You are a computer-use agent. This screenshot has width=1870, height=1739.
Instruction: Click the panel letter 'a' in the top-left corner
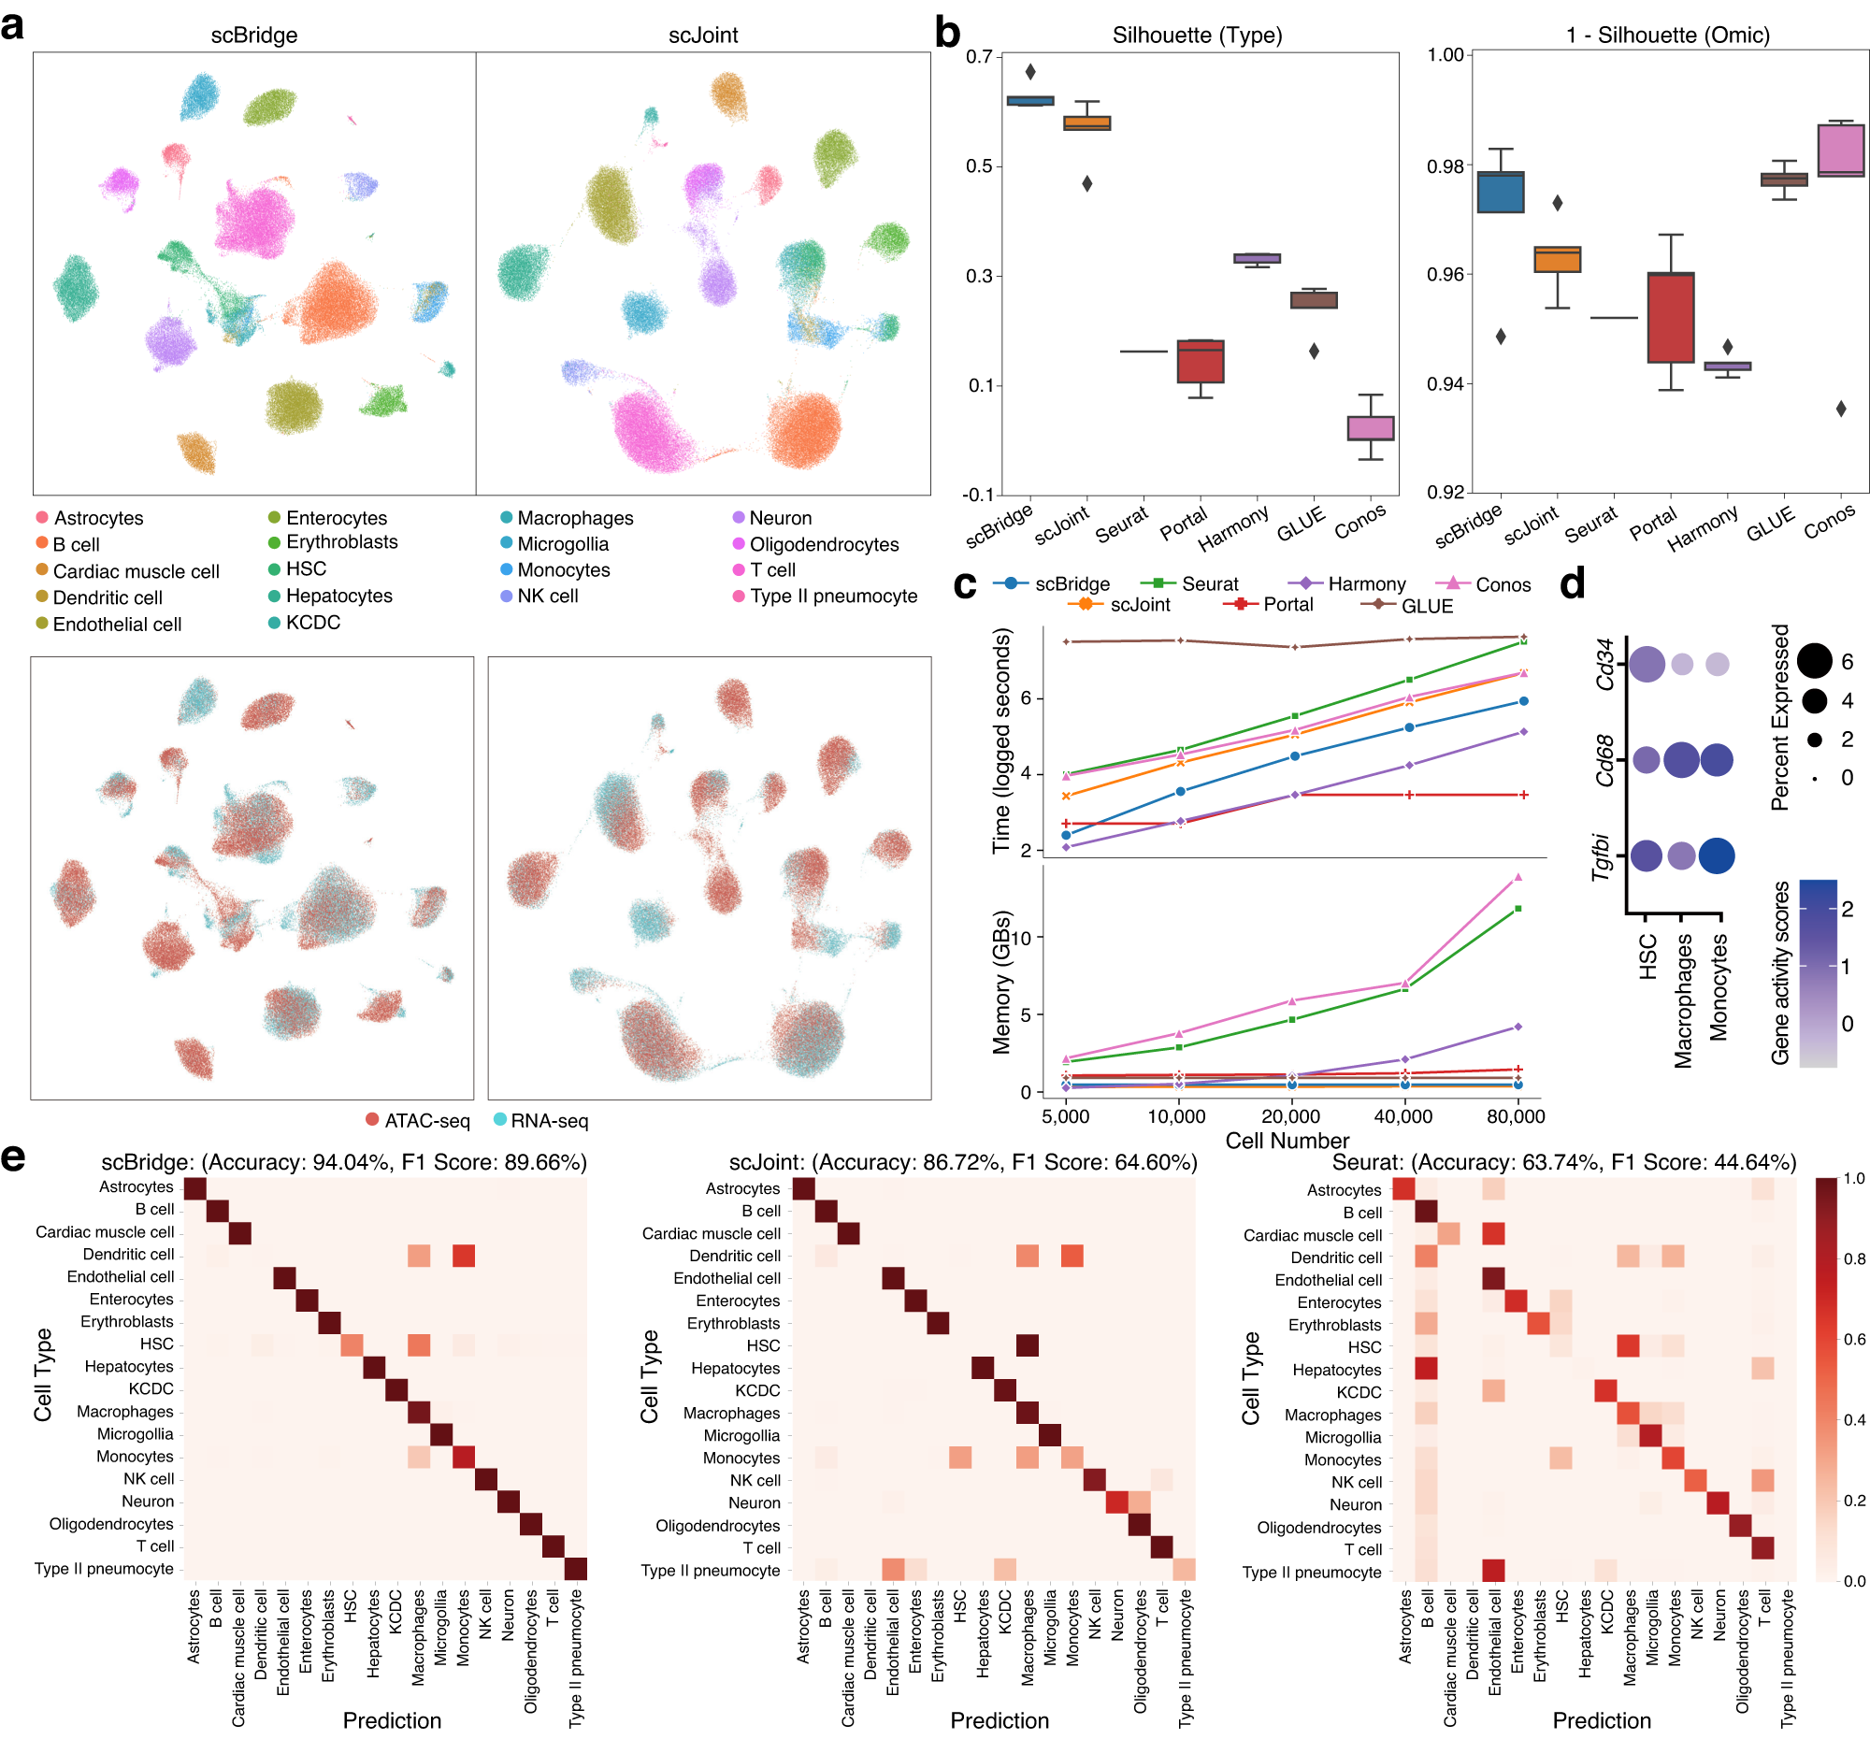coord(13,25)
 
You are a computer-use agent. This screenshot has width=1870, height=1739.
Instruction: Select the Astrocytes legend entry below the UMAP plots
coord(98,518)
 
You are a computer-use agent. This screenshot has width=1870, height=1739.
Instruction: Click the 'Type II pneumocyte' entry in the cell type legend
coord(833,596)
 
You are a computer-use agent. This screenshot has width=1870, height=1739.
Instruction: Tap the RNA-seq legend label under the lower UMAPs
coord(550,1121)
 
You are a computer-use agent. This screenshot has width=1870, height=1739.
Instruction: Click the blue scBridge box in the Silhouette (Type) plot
coord(1030,101)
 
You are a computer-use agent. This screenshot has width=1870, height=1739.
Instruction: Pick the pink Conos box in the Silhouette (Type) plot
coord(1371,428)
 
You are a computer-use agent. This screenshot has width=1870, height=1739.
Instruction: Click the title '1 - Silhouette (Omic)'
coord(1667,36)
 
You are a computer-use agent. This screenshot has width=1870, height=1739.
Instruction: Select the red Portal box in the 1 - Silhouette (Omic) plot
coord(1671,317)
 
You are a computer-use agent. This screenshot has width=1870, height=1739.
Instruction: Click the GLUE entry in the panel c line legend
coord(1426,607)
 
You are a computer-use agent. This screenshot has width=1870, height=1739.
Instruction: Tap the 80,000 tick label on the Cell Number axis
coord(1516,1116)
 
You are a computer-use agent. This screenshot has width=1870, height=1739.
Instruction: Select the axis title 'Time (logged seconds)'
coord(1001,741)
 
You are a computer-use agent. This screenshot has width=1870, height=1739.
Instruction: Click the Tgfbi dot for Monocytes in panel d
coord(1717,855)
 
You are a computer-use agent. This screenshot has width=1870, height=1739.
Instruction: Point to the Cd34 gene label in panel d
coord(1604,663)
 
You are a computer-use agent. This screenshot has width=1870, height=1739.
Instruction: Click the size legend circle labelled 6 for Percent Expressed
coord(1815,661)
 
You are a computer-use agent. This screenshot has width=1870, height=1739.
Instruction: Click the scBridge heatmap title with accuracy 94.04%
coord(344,1162)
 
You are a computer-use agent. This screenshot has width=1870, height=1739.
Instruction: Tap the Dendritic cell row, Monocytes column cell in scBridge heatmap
coord(463,1256)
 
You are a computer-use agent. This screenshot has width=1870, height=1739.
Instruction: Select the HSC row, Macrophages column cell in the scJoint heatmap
coord(1028,1346)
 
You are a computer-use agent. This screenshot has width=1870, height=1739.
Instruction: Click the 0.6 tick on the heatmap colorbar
coord(1853,1339)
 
